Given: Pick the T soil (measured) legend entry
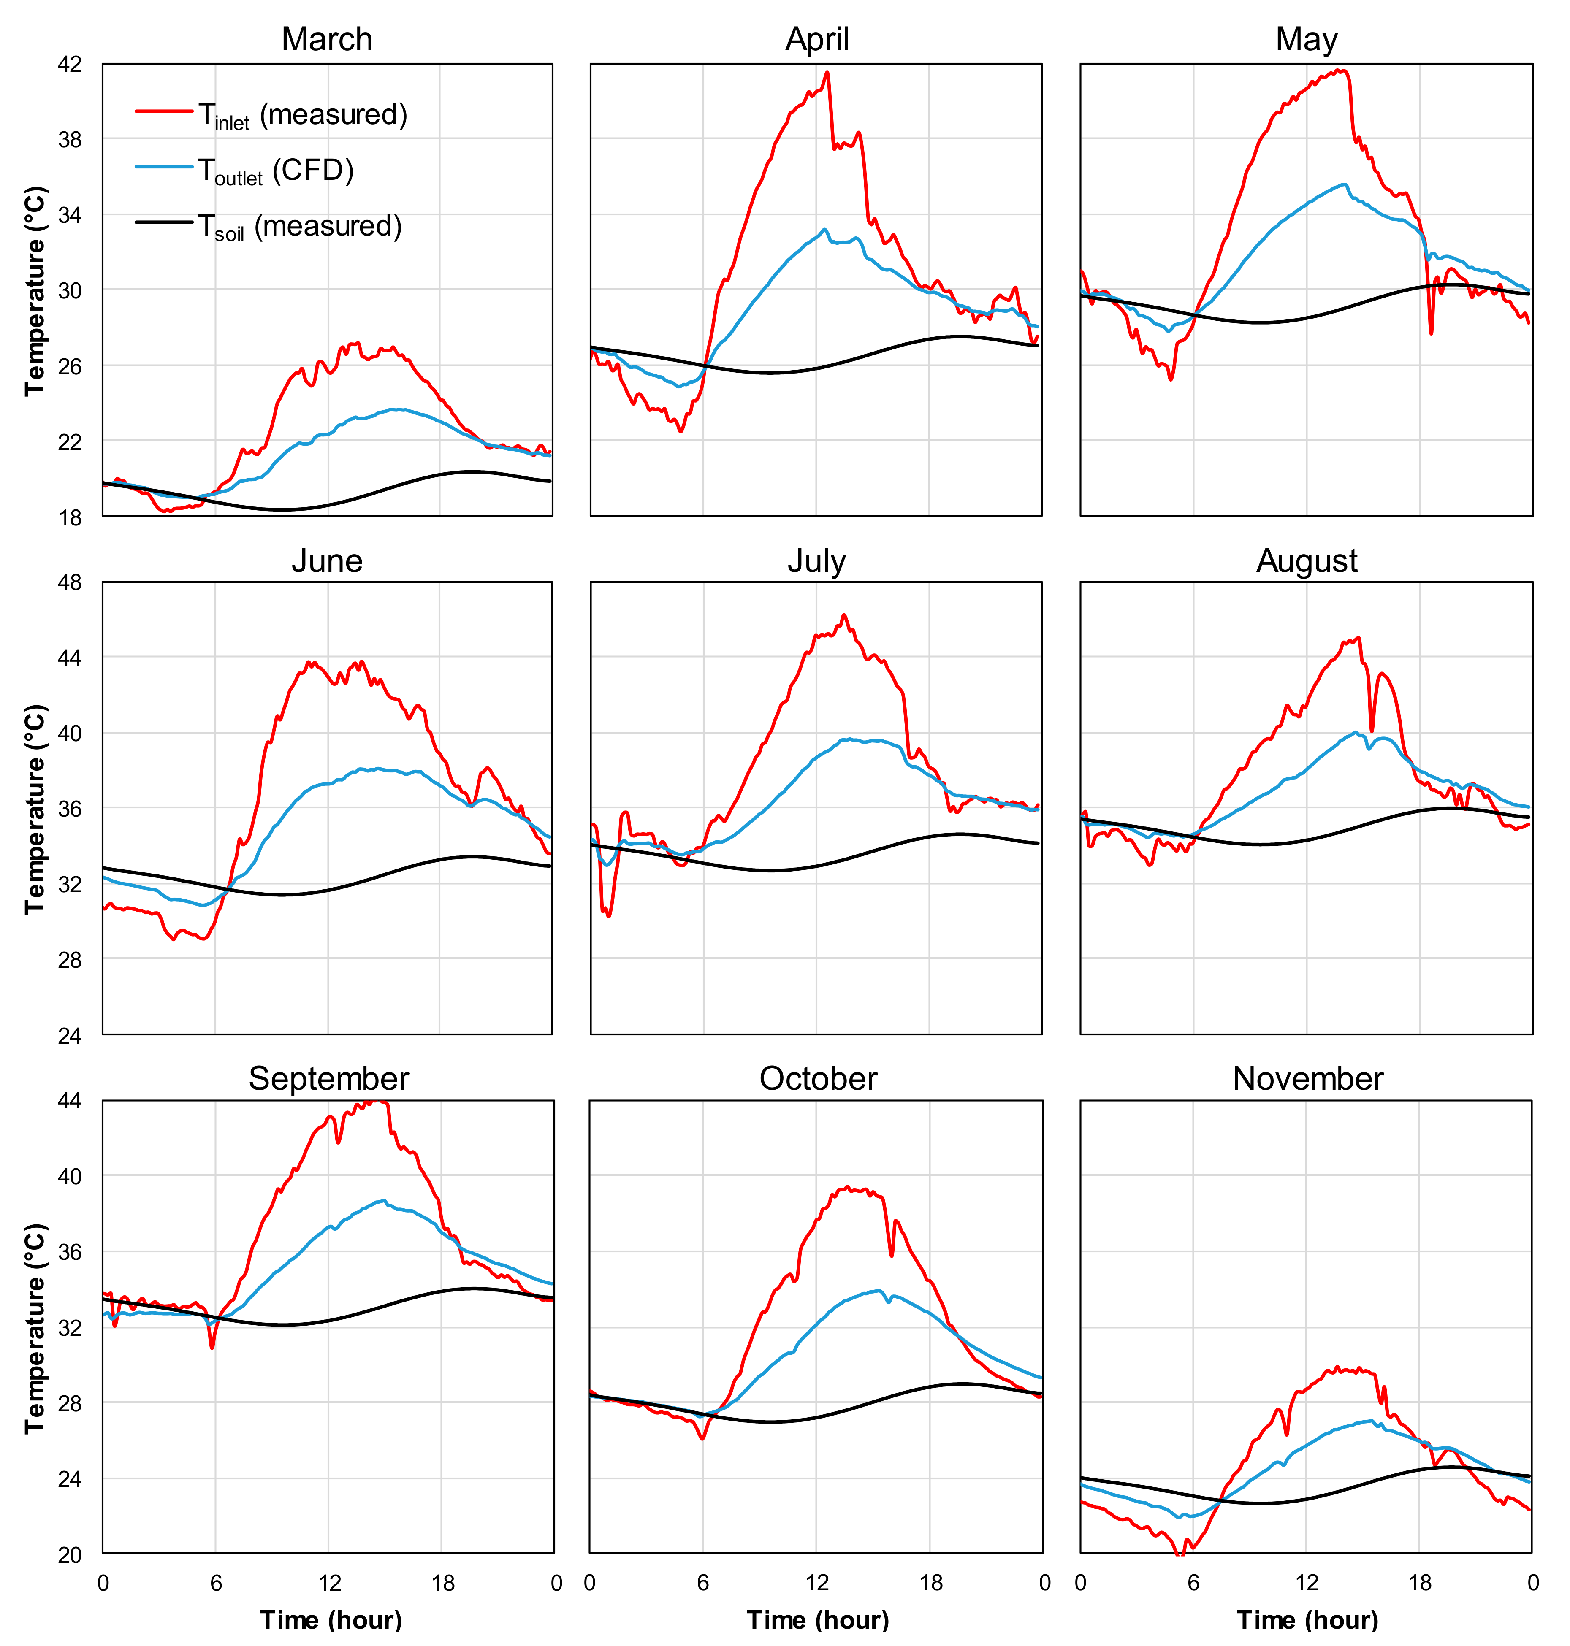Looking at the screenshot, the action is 268,227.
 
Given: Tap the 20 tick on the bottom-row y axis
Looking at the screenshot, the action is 71,1555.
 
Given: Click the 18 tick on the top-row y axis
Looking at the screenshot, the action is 71,517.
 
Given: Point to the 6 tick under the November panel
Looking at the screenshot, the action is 1193,1582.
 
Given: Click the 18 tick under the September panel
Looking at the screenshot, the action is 443,1582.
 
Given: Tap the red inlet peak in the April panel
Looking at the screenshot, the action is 827,73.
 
